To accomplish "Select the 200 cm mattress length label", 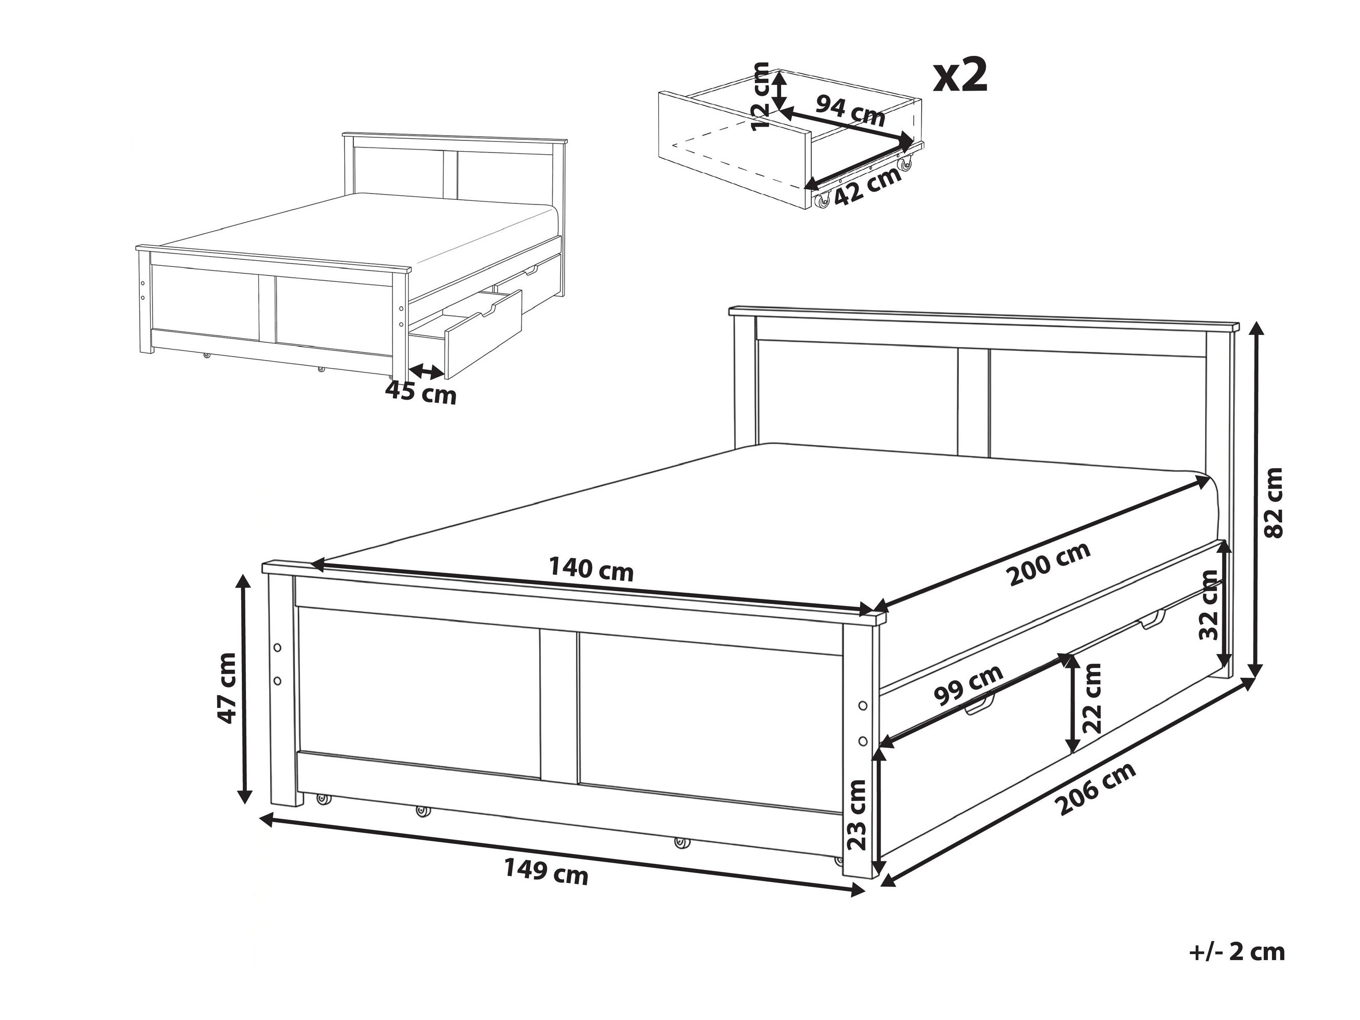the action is tap(1049, 565).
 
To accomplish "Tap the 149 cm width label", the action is tap(546, 871).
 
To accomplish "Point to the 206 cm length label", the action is tap(1095, 789).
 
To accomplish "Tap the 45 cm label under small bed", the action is tap(421, 391).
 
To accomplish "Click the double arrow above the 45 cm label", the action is tap(427, 371).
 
